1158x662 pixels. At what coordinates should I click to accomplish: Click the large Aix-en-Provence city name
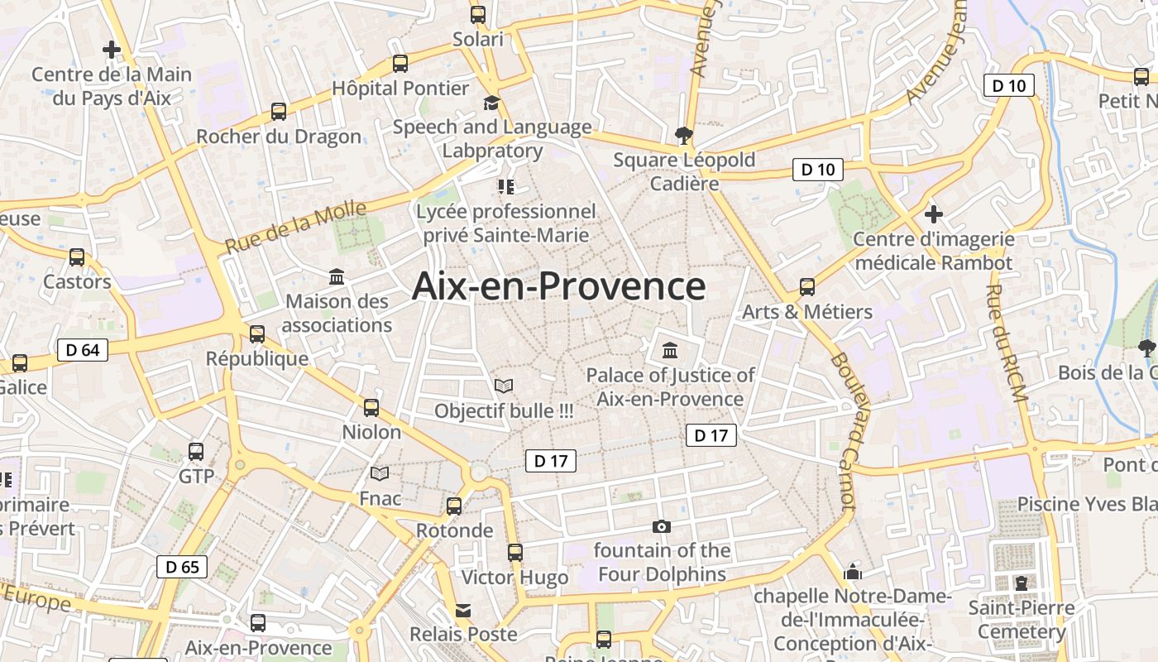coord(558,286)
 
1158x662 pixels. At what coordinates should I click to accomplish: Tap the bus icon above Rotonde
coord(454,506)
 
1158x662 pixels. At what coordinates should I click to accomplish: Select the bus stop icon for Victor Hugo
coord(515,552)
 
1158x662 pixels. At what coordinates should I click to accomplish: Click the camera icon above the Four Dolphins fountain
coord(661,526)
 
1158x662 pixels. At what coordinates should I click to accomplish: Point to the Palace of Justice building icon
coord(669,350)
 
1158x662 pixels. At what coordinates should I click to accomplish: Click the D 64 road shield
coord(83,350)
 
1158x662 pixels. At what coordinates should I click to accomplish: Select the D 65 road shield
coord(182,567)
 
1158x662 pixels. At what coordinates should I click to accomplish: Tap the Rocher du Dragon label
coord(279,137)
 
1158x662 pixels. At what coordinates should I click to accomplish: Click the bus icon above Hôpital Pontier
coord(400,63)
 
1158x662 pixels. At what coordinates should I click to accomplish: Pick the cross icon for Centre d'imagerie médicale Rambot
coord(933,214)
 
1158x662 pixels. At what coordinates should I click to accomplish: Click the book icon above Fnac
coord(380,473)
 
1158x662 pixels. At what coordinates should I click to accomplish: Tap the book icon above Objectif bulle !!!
coord(503,386)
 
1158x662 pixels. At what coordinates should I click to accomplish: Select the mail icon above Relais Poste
coord(463,611)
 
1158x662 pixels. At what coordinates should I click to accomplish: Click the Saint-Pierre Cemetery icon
coord(1021,583)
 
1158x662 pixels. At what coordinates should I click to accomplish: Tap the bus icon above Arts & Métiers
coord(806,287)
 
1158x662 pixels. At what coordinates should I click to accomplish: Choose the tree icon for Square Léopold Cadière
coord(683,134)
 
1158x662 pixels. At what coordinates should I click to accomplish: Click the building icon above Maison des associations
coord(337,276)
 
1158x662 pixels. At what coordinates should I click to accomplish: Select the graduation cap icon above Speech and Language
coord(492,103)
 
